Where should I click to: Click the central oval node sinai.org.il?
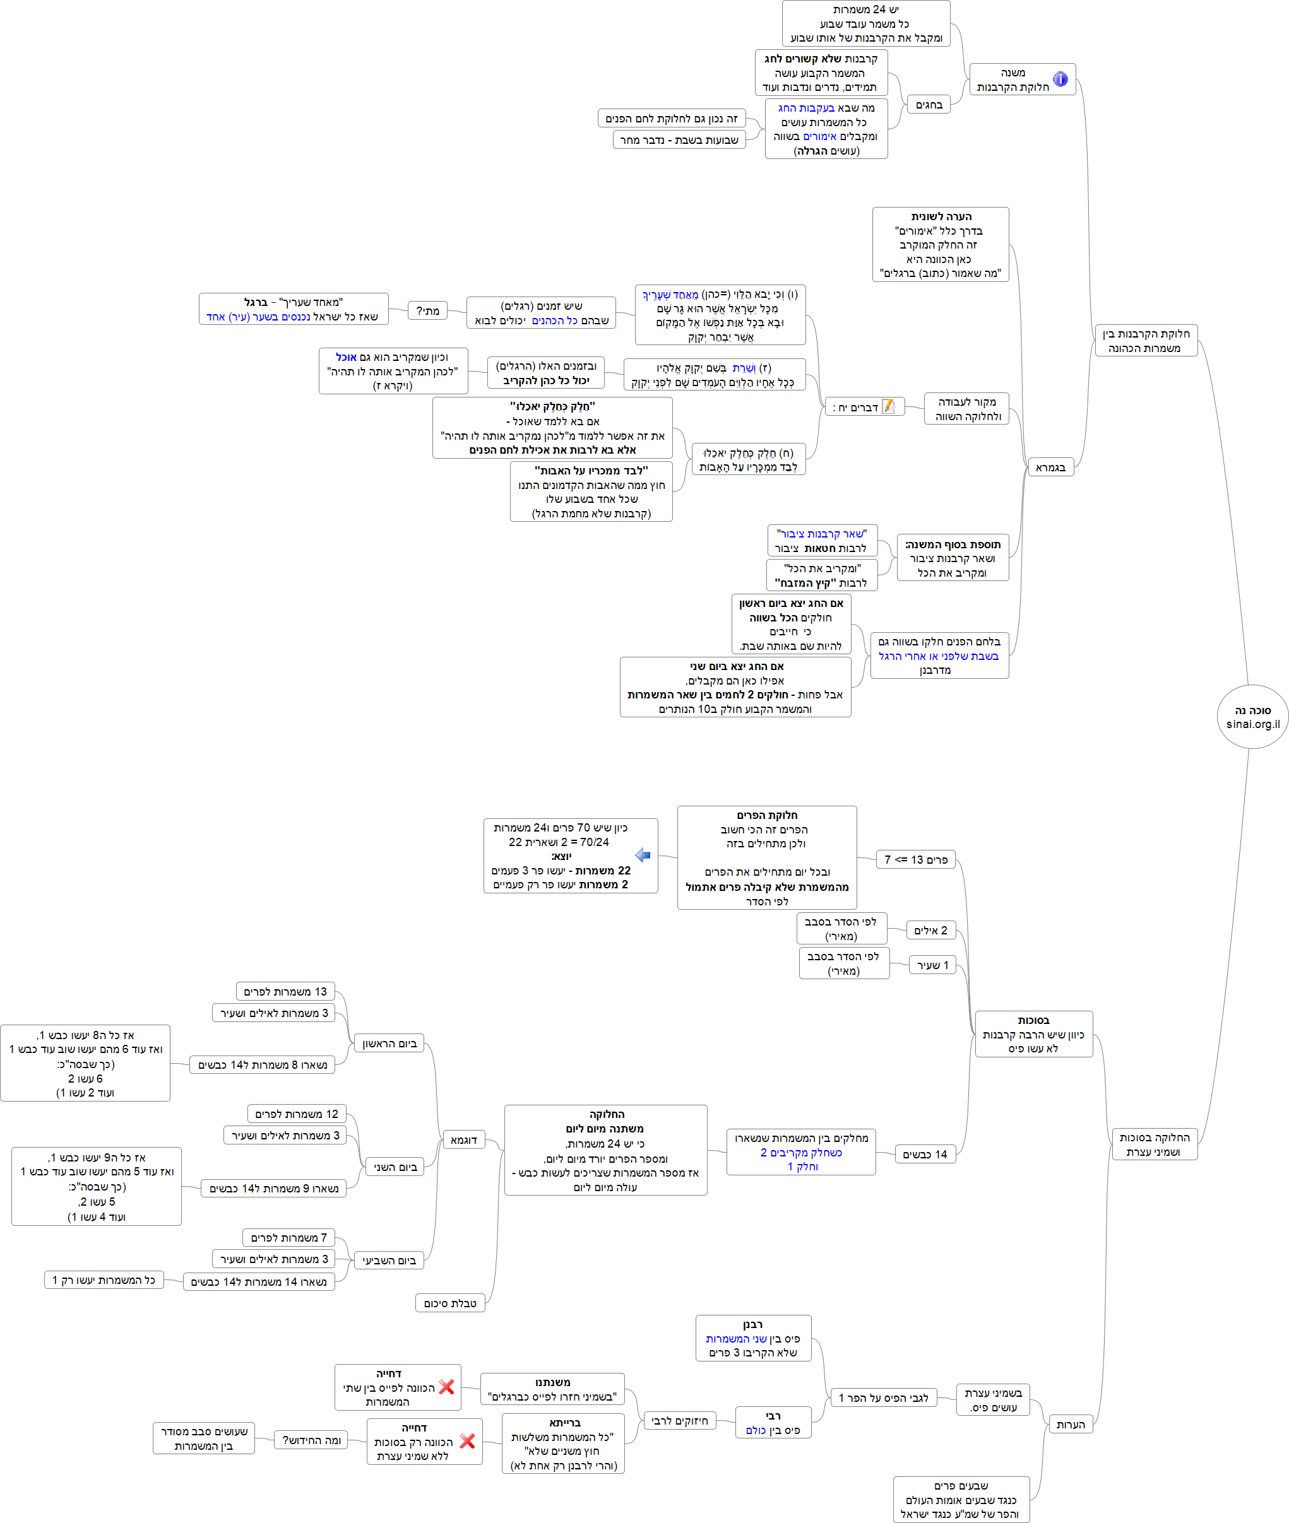[x=1252, y=717]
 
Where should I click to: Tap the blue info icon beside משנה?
[x=1060, y=79]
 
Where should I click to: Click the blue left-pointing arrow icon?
[x=643, y=856]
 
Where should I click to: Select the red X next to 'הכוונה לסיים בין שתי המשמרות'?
[x=446, y=1386]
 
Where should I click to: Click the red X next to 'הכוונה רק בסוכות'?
[x=468, y=1440]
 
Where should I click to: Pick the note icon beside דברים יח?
[x=889, y=406]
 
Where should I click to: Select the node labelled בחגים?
[x=929, y=105]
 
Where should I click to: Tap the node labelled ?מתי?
[x=427, y=311]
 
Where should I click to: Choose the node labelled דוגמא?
[x=463, y=1139]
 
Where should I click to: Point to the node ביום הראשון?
[x=389, y=1044]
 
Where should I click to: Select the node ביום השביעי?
[x=389, y=1260]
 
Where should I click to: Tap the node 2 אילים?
[x=930, y=931]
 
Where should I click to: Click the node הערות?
[x=1071, y=1425]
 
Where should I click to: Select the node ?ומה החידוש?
[x=311, y=1440]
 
